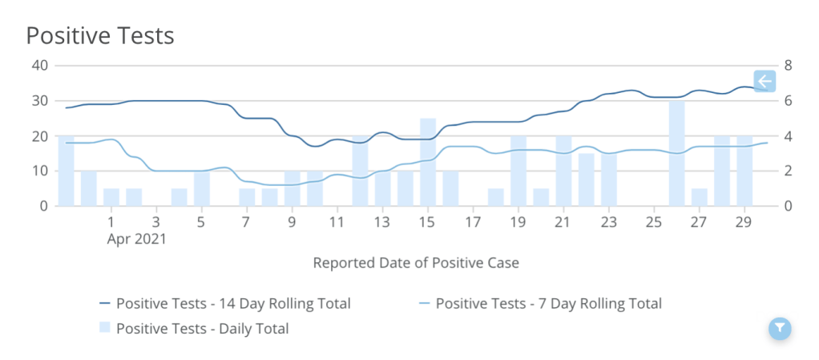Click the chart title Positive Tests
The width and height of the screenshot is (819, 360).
coord(100,35)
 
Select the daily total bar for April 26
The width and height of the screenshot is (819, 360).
coord(677,153)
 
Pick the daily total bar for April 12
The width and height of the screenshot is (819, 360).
coord(360,171)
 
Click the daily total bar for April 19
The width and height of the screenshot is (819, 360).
coord(518,171)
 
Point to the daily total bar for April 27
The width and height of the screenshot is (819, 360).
coord(700,197)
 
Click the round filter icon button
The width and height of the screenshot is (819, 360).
coord(780,327)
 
